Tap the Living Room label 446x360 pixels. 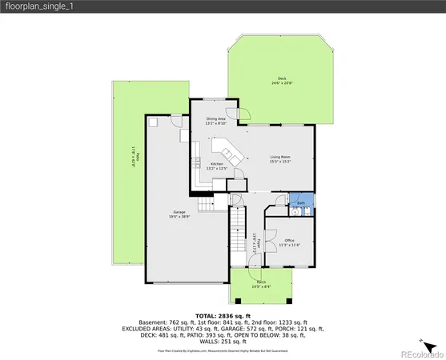[279, 159]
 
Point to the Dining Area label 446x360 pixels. [215, 121]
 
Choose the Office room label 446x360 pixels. [289, 242]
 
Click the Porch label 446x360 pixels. [261, 284]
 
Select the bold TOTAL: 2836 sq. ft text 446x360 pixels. [223, 317]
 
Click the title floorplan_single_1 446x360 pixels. [34, 7]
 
